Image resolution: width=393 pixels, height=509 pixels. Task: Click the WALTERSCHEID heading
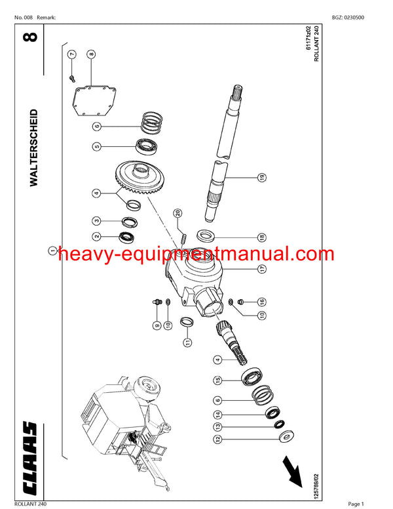tap(34, 148)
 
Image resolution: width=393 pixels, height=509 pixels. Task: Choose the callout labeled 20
tap(177, 213)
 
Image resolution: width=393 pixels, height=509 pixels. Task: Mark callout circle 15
tap(217, 380)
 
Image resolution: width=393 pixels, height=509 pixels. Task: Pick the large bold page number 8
tap(34, 35)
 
